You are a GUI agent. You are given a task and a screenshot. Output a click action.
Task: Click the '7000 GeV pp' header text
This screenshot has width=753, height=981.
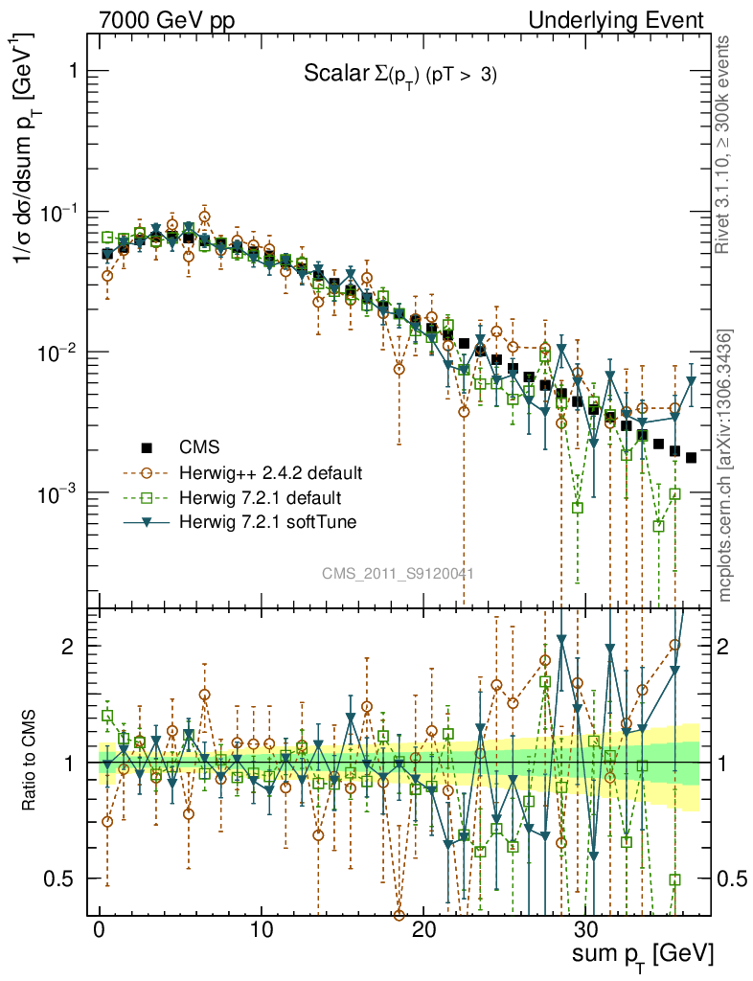coord(167,20)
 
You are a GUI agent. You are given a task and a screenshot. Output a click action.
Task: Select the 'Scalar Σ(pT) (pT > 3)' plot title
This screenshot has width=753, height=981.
coord(399,76)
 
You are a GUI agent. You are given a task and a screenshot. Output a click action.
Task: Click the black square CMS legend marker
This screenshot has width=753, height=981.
coord(147,447)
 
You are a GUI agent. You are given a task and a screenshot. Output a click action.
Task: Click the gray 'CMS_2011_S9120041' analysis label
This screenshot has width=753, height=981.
coord(398,573)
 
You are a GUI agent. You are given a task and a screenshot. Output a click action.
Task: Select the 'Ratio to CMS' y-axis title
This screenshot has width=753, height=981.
coord(30,762)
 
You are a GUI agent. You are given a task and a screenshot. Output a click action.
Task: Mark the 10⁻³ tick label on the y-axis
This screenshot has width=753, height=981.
coord(59,492)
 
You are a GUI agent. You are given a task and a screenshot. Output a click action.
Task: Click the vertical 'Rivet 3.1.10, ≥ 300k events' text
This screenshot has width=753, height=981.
coord(725,144)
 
